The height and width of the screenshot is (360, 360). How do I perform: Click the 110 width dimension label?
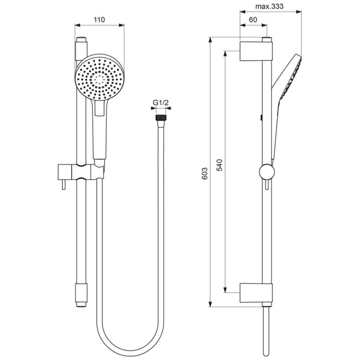[x=100, y=20]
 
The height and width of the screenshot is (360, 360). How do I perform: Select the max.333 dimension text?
[x=270, y=7]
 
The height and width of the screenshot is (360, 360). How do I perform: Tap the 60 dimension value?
[x=253, y=20]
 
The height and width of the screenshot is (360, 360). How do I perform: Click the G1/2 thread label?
[x=161, y=103]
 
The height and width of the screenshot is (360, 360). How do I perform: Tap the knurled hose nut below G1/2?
[x=161, y=118]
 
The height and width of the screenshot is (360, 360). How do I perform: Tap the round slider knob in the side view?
[x=266, y=172]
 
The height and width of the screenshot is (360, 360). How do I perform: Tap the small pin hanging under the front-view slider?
[x=63, y=185]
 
